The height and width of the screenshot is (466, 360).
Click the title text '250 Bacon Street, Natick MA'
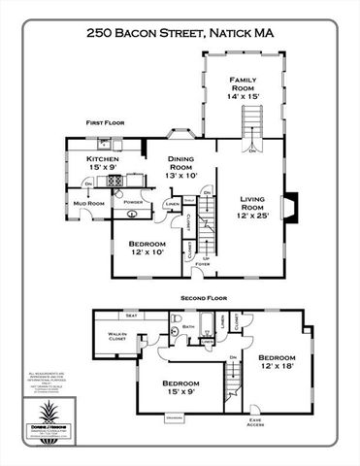[x=180, y=32]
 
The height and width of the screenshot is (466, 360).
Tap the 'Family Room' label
[x=244, y=84]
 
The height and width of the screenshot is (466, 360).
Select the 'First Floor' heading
[x=106, y=123]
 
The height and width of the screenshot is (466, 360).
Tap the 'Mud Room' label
[x=90, y=203]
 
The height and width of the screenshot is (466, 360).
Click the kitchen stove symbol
[x=115, y=180]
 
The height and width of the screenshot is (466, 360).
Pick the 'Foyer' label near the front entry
[x=202, y=263]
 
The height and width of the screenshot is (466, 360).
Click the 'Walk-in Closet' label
[x=117, y=338]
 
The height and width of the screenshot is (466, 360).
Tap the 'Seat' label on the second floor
[x=130, y=315]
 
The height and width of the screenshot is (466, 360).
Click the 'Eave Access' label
[x=254, y=421]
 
